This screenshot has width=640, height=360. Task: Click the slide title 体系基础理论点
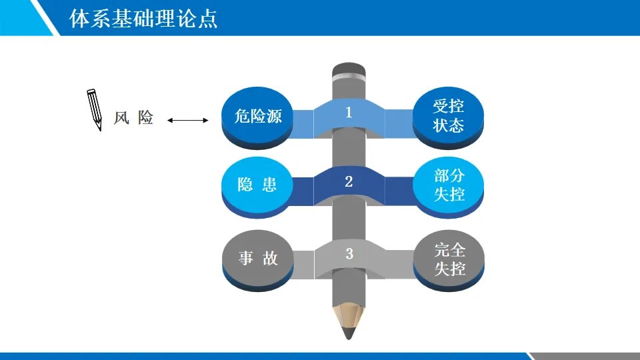click(143, 18)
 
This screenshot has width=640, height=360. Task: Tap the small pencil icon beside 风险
click(95, 109)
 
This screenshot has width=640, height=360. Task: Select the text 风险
click(133, 118)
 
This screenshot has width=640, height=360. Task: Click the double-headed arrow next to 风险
click(188, 120)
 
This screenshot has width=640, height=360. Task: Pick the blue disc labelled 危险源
click(258, 116)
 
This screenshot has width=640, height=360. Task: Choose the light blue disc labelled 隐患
click(258, 185)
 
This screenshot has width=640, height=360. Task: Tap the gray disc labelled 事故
click(258, 258)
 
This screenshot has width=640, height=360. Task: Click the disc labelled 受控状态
click(449, 115)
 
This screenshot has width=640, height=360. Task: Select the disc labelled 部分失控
click(449, 185)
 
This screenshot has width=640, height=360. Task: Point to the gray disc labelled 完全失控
click(449, 259)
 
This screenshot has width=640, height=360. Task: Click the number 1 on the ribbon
click(349, 113)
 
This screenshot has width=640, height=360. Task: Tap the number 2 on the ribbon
click(349, 181)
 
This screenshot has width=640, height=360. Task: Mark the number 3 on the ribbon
click(349, 253)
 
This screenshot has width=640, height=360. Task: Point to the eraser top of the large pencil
click(348, 69)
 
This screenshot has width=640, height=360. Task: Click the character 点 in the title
click(209, 18)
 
